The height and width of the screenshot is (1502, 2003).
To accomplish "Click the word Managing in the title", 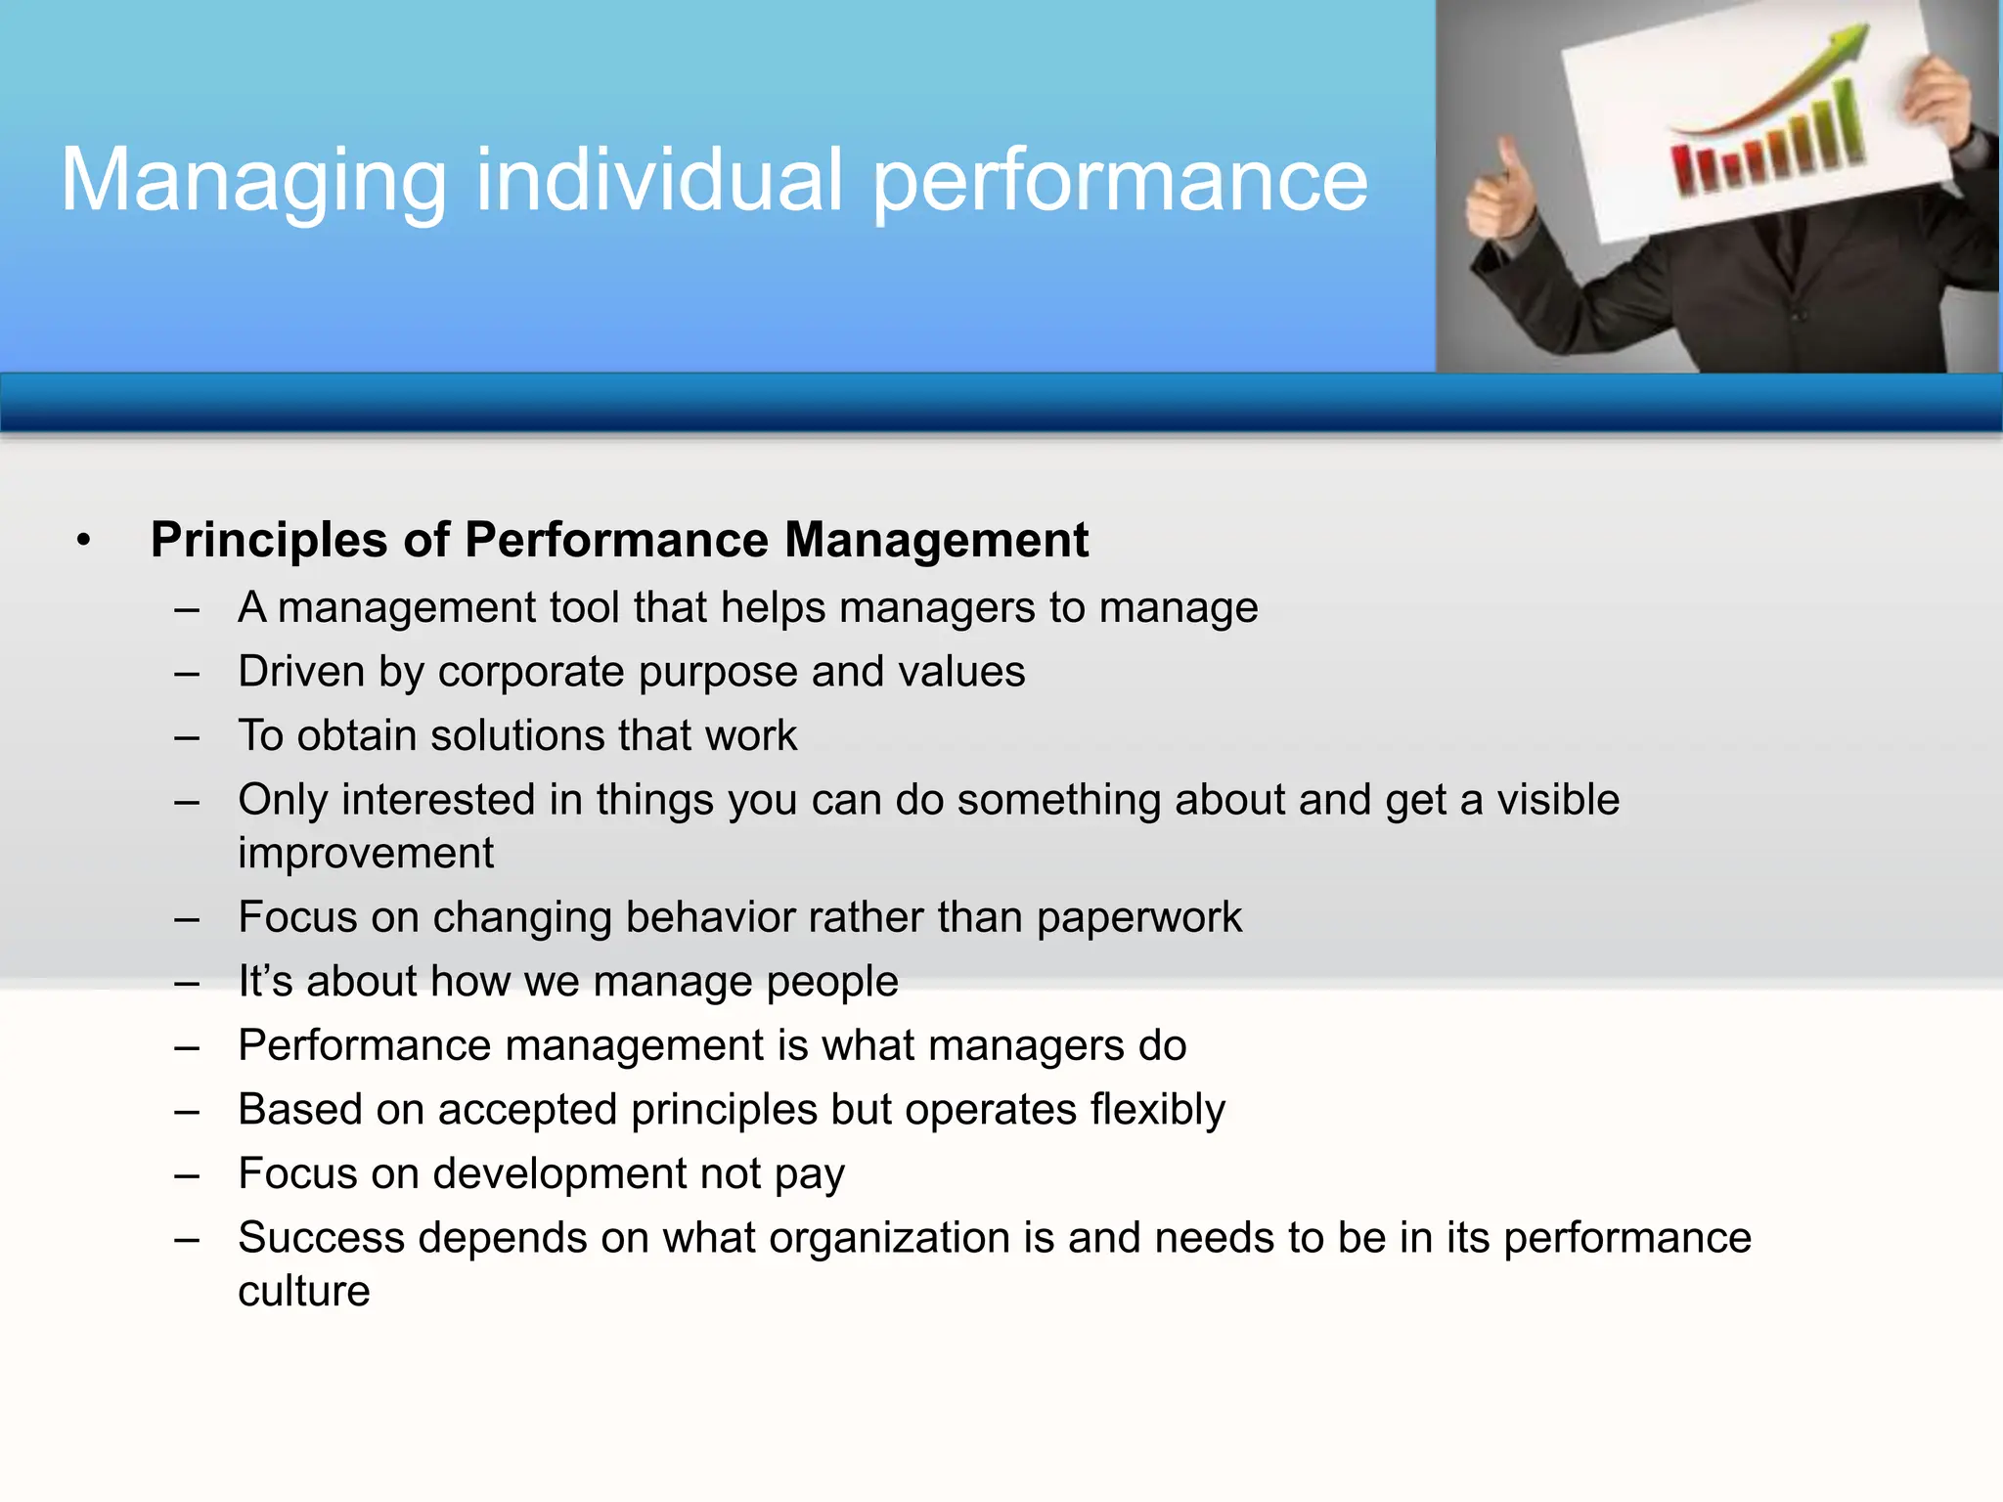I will (253, 181).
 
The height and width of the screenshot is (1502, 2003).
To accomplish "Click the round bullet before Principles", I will (84, 540).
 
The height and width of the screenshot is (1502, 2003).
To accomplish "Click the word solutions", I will (518, 736).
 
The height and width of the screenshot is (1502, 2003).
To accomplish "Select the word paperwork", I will (1138, 918).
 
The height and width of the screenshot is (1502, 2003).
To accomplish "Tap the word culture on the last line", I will (304, 1292).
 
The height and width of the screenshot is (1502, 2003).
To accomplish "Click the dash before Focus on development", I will (187, 1174).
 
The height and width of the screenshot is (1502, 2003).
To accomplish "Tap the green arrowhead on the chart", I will (1845, 42).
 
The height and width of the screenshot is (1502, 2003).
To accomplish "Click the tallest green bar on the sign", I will (1844, 122).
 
